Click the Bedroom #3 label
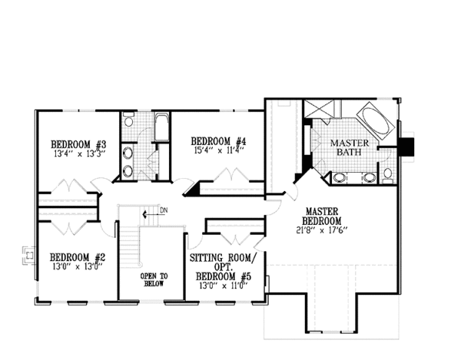pos(78,144)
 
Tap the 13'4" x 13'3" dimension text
pos(79,154)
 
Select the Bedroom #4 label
pos(219,141)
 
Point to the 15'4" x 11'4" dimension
pos(219,150)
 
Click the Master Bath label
pos(350,147)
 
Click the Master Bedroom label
pos(322,216)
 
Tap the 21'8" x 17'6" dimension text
pos(322,230)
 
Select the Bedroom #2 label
pos(78,257)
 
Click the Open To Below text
pos(154,280)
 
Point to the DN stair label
pos(164,210)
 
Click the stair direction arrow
pos(150,214)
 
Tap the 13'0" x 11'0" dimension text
pos(224,286)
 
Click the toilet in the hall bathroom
pos(128,120)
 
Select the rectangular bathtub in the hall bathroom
pos(161,127)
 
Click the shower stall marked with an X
pos(319,109)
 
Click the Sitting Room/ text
pos(223,258)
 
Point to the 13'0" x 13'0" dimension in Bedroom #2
pos(78,266)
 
